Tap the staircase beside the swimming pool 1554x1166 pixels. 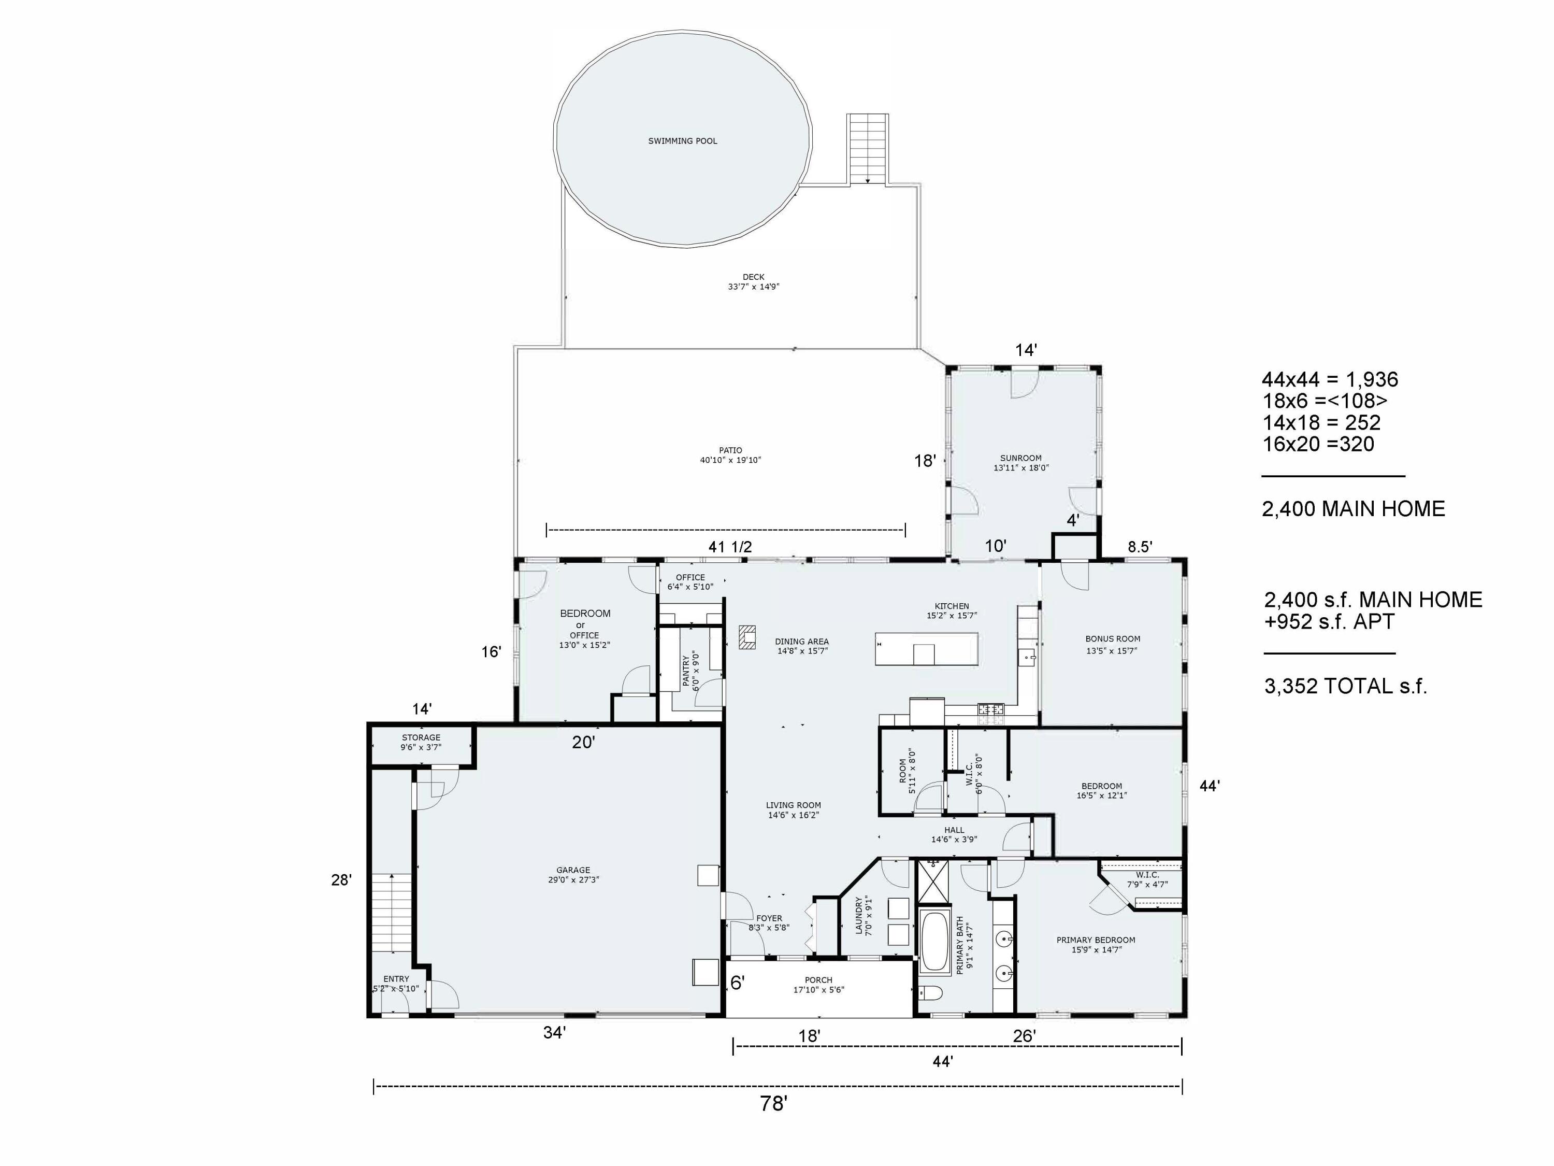click(868, 149)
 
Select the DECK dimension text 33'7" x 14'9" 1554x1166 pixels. click(754, 287)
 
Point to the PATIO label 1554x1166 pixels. click(730, 450)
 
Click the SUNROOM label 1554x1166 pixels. click(1021, 458)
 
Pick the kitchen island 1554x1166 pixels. click(926, 649)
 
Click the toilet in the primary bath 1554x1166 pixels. click(931, 992)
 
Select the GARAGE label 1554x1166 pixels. click(573, 870)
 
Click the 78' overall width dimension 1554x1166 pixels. click(773, 1104)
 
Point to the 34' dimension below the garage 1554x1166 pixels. click(554, 1032)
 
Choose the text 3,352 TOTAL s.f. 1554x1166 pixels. click(1345, 686)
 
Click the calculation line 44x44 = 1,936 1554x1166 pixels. click(1330, 379)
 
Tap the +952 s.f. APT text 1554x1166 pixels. click(1329, 622)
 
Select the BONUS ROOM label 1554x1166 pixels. click(1113, 639)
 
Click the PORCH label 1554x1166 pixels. click(818, 980)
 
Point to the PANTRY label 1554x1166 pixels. click(686, 671)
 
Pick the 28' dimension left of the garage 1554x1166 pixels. click(341, 879)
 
